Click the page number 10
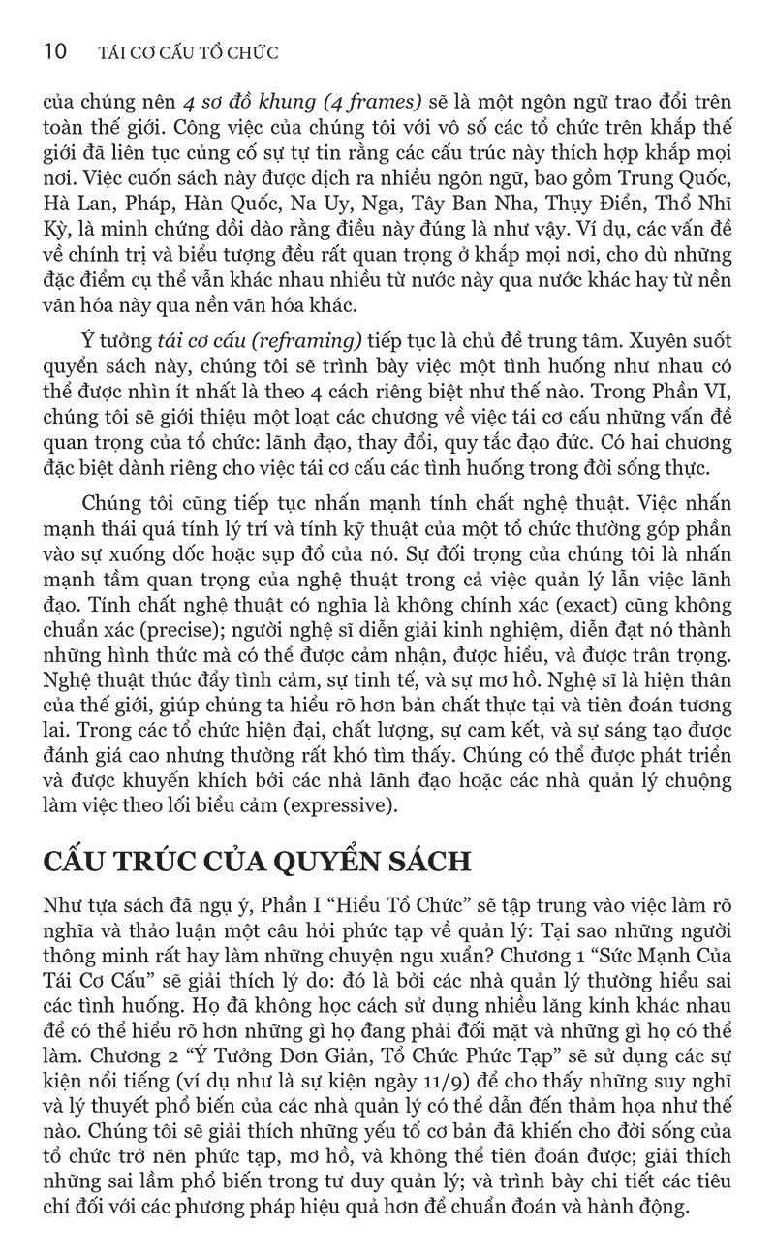pos(54,51)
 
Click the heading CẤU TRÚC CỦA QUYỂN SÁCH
pos(258,862)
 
